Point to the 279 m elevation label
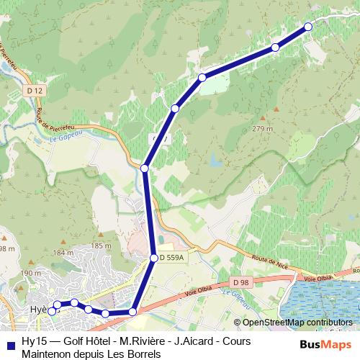coord(263,129)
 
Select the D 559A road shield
coord(172,258)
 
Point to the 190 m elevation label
coord(31,274)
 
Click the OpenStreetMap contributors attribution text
coord(297,323)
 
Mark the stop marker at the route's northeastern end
coord(308,26)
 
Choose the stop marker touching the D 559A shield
coord(153,258)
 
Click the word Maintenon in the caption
coord(48,354)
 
